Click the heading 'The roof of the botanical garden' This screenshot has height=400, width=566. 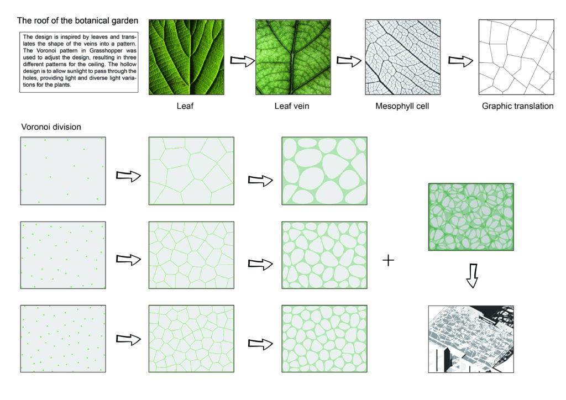pos(77,20)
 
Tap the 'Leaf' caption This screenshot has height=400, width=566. pos(185,106)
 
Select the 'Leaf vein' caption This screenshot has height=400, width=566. pos(292,106)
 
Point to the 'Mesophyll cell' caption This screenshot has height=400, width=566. pos(402,106)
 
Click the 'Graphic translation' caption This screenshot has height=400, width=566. pos(517,106)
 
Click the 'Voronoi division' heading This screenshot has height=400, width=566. pos(51,127)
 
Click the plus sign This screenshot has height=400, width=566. pos(388,260)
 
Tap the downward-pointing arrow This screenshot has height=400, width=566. pos(472,276)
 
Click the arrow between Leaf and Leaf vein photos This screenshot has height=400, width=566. pos(243,61)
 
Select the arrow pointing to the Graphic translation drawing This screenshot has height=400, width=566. pos(460,61)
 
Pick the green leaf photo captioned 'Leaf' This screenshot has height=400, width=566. pos(186,57)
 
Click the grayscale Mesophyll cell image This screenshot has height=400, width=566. pos(402,57)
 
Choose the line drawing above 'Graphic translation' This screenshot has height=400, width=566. pos(516,57)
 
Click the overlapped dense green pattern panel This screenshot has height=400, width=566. pos(471,217)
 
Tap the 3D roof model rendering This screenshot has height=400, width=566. pos(471,339)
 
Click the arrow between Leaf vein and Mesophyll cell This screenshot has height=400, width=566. pos(349,61)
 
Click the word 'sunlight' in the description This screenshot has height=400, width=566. pos(75,71)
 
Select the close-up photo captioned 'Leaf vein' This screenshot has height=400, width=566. pos(293,57)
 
